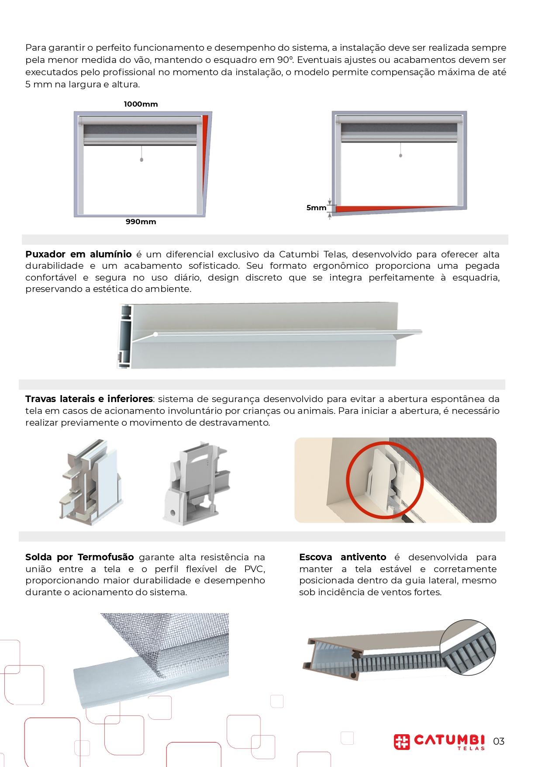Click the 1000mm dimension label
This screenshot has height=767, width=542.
141,104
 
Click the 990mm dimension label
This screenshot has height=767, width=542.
141,222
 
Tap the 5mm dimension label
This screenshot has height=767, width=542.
316,208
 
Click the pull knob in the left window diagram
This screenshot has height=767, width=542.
142,160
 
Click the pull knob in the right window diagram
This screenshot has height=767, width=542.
400,155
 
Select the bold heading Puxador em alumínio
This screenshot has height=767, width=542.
79,254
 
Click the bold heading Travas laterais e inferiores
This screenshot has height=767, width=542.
89,399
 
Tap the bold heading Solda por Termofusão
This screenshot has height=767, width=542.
79,557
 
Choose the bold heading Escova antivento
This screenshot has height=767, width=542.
343,557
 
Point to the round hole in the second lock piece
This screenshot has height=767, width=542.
173,513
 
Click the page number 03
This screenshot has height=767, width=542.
499,741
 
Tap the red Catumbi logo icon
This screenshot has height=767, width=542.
402,742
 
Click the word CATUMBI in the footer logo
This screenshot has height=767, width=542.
449,739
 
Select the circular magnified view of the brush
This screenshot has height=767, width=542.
468,647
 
